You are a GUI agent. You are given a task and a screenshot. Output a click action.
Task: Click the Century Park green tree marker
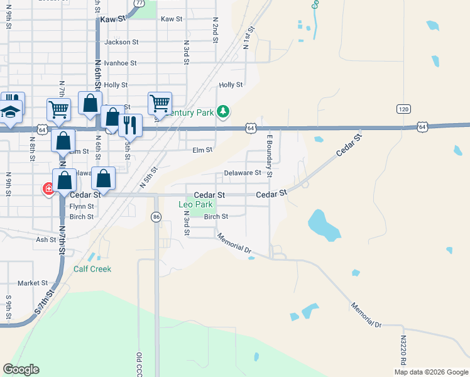pos(222,112)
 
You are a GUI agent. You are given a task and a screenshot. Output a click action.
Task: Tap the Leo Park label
pos(195,205)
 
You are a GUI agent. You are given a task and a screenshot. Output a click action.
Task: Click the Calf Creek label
pos(92,269)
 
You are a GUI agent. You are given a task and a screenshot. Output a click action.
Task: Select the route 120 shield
pos(404,109)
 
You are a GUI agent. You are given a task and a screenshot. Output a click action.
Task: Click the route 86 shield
pos(156,217)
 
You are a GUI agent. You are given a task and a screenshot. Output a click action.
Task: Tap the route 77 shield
pos(139,3)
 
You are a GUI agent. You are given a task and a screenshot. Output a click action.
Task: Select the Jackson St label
pos(121,42)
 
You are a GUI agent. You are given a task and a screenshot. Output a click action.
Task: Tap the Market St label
pos(33,283)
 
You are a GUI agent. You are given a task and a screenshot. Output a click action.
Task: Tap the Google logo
pos(21,369)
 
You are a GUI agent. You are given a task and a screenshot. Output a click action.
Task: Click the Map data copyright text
pos(430,372)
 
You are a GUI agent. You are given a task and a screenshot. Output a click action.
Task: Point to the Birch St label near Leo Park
pos(216,216)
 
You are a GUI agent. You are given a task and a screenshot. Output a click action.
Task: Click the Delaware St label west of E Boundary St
pos(243,173)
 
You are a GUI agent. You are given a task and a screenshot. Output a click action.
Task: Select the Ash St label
pos(46,239)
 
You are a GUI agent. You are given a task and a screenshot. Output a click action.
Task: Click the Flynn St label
pos(82,206)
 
